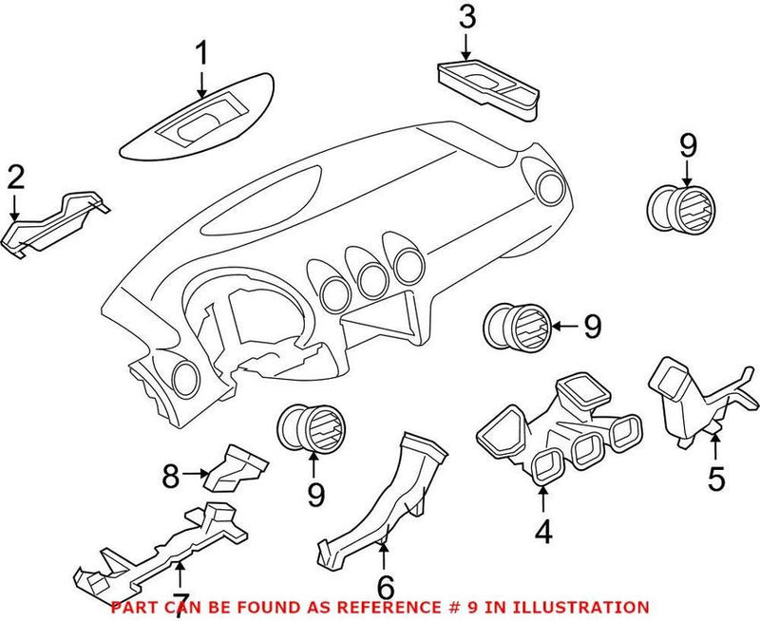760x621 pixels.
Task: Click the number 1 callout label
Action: tap(201, 54)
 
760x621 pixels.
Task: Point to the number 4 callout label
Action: tap(542, 533)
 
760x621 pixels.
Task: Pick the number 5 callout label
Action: tap(715, 478)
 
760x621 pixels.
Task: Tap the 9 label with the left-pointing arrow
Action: tap(592, 328)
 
